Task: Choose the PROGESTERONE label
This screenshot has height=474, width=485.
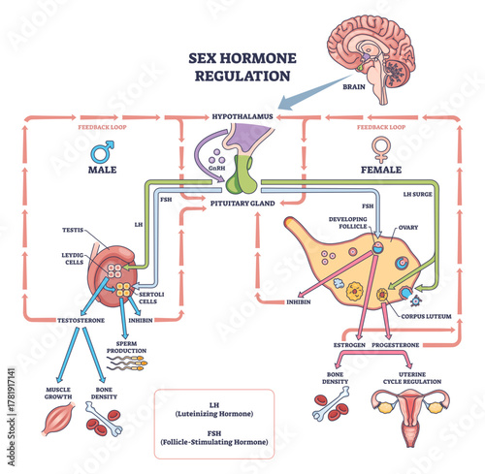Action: [399, 343]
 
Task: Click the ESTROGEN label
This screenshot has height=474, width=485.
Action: [348, 343]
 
